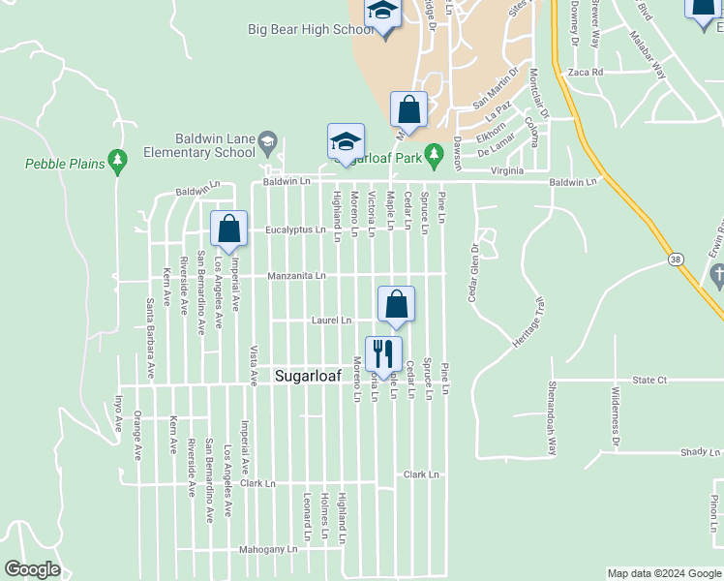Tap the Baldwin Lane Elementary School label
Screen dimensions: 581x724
(x=215, y=145)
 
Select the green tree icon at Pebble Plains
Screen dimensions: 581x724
(x=118, y=162)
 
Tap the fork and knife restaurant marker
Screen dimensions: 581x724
(x=383, y=354)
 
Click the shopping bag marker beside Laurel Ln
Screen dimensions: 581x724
(x=396, y=305)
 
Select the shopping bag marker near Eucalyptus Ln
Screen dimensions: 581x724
(x=229, y=230)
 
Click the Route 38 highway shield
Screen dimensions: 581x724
(x=675, y=260)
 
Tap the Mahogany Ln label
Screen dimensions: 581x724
(x=268, y=549)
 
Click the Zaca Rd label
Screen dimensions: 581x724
(x=587, y=72)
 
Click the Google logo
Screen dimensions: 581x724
(x=32, y=569)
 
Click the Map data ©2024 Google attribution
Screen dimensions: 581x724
(x=664, y=573)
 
